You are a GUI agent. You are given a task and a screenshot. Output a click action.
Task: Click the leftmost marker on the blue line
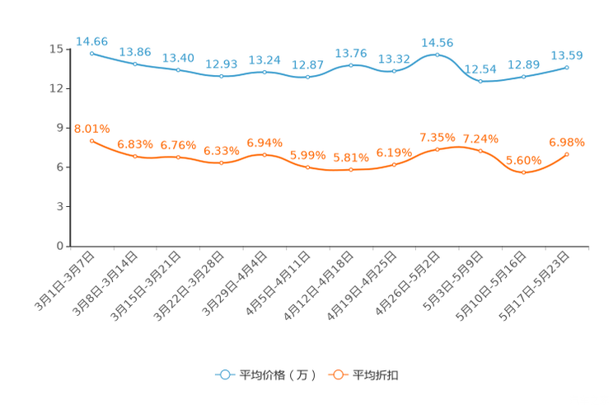coord(91,53)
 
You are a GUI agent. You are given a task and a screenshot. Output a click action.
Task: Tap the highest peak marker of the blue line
coord(437,54)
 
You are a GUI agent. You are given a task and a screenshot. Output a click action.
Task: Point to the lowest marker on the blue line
coord(480,81)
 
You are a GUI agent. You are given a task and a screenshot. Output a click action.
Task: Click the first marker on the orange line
coord(91,141)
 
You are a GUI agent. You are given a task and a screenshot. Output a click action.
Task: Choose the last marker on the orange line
coord(567,154)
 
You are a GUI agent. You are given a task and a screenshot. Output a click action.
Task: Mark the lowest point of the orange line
coord(523,173)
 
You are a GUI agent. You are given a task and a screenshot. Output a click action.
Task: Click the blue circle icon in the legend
coord(225,374)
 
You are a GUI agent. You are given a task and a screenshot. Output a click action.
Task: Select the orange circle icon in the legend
coord(338,374)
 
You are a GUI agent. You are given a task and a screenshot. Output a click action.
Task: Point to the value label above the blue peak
coord(437,42)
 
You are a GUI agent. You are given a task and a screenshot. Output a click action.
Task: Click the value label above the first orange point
coord(91,129)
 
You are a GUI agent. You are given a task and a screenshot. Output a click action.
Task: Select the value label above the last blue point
coord(567,55)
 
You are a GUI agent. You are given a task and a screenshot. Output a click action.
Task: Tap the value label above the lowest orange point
coord(523,160)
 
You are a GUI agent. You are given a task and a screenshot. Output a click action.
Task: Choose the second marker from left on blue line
coord(135,63)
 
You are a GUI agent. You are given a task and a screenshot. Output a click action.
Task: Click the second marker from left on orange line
coord(135,156)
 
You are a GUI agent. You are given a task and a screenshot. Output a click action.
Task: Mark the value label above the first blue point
coord(91,40)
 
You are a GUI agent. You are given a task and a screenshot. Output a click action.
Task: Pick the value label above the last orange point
coord(567,142)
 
